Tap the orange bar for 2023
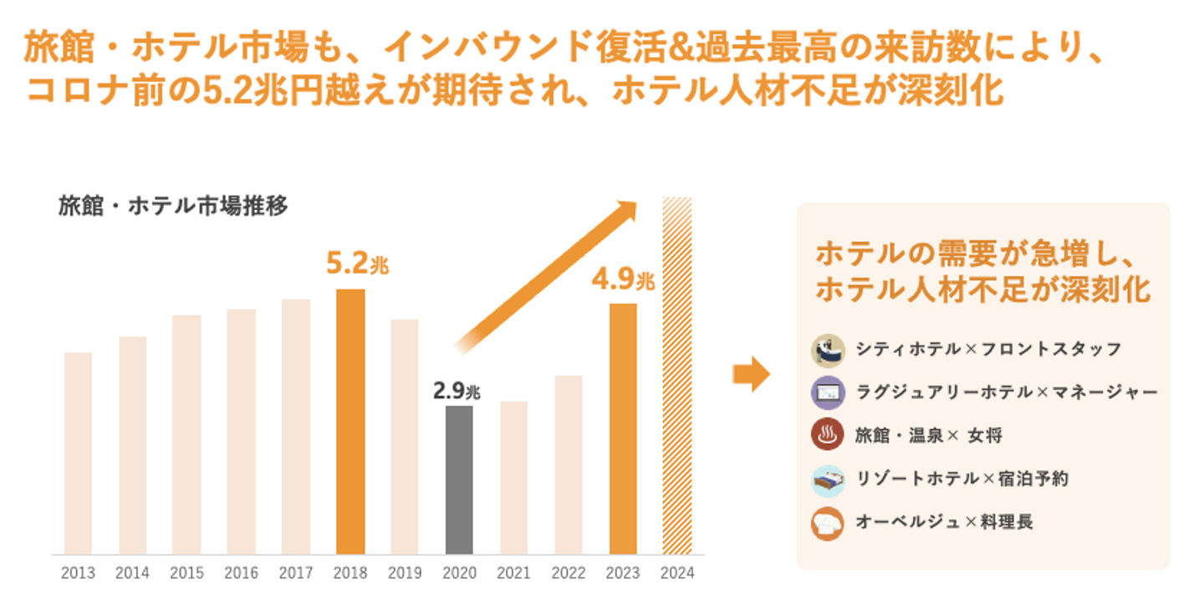coord(624,428)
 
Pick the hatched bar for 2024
coord(677,376)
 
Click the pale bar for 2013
coord(78,453)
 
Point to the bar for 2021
coord(513,478)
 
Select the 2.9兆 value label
coord(457,390)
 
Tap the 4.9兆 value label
coord(623,280)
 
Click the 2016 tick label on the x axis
coord(241,574)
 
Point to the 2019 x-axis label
coord(405,574)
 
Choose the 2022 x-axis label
coord(569,574)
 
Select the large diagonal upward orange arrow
coord(548,274)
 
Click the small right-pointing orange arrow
coord(751,374)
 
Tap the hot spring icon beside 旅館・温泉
coord(827,435)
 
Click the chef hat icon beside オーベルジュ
coord(827,523)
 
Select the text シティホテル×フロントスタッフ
coord(987,349)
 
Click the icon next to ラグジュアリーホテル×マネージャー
coord(827,392)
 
